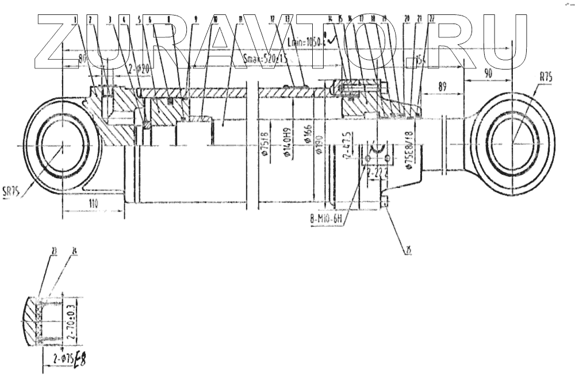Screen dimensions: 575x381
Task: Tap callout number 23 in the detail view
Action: (53, 251)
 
